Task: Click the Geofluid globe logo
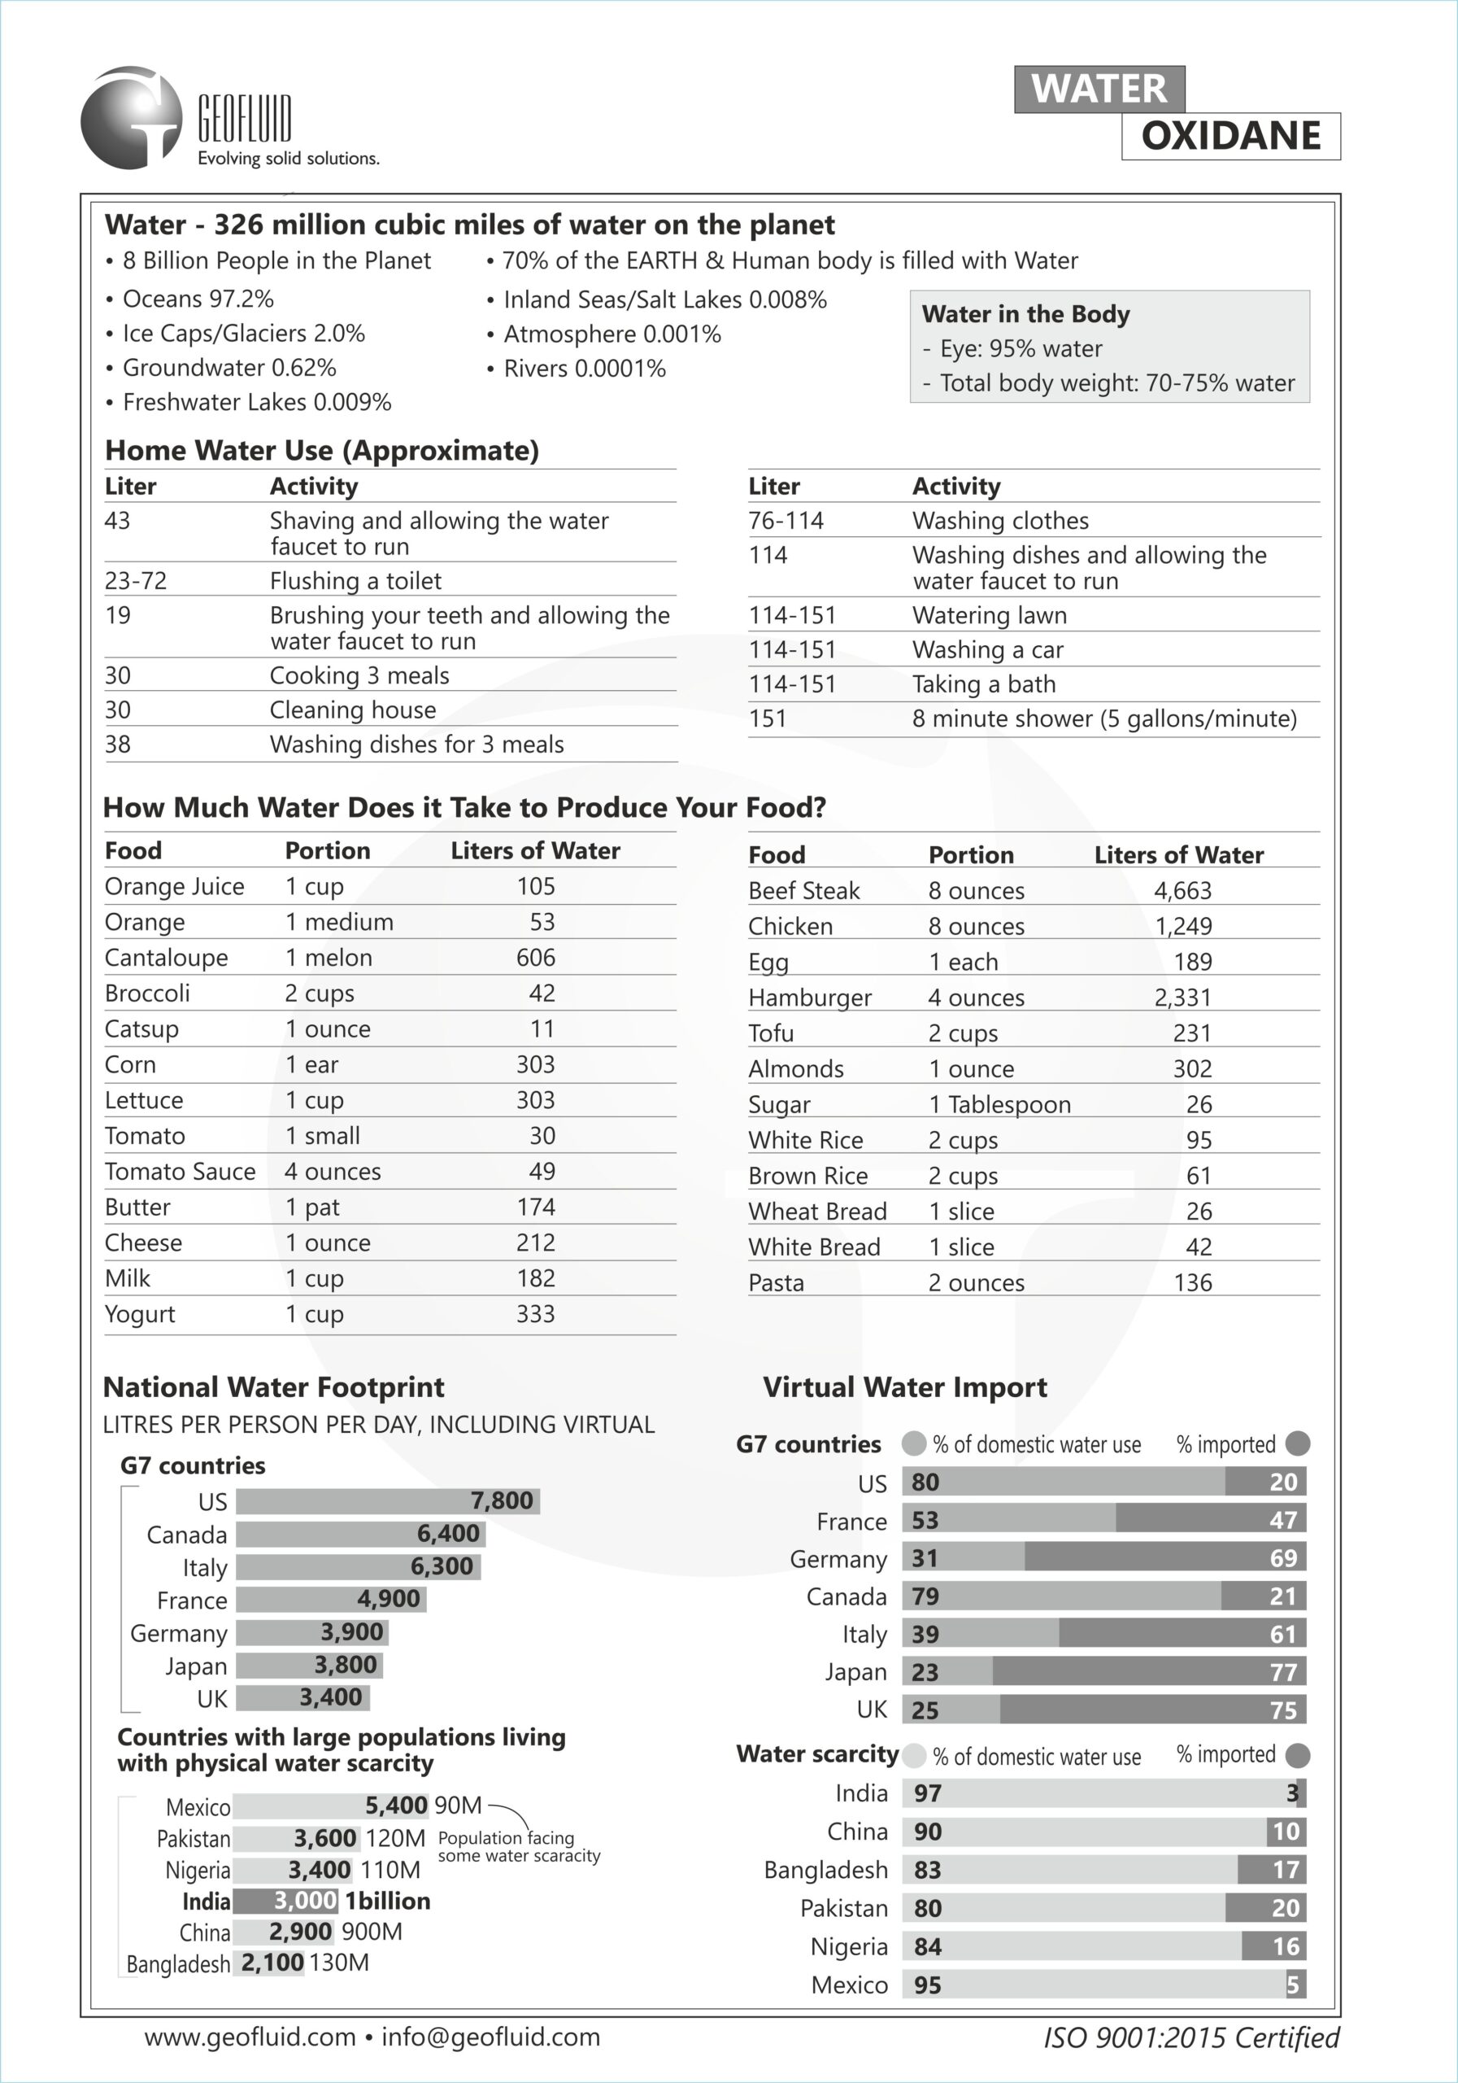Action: click(132, 118)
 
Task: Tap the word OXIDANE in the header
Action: click(1230, 136)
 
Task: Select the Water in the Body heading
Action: click(1025, 314)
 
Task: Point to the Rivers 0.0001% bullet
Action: click(584, 369)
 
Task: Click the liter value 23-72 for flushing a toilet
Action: click(136, 581)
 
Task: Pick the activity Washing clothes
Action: click(1000, 521)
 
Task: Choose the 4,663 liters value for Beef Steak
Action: click(1182, 891)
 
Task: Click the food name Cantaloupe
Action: click(166, 958)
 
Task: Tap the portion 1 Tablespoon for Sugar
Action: click(999, 1105)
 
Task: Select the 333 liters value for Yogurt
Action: click(535, 1315)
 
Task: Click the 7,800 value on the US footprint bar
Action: click(502, 1500)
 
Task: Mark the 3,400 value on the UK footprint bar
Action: click(331, 1697)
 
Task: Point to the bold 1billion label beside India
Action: click(387, 1901)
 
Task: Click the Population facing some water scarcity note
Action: click(518, 1846)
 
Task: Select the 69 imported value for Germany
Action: click(1283, 1559)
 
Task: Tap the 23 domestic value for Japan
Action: click(925, 1672)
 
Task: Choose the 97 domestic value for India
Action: click(928, 1793)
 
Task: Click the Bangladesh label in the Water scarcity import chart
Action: click(825, 1870)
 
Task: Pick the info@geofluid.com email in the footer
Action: click(490, 2037)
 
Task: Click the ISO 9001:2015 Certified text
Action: click(1190, 2038)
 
